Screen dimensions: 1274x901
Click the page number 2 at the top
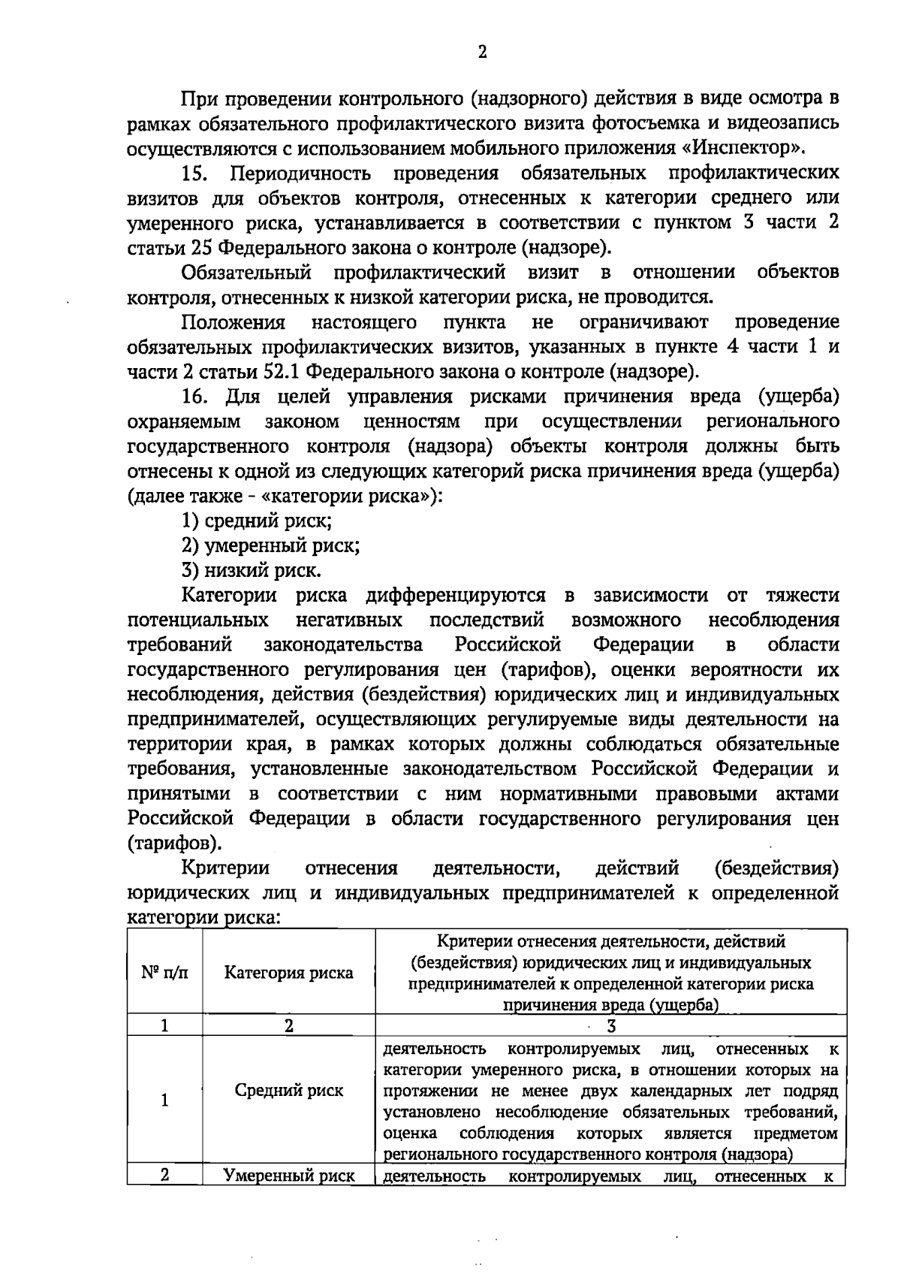pos(482,52)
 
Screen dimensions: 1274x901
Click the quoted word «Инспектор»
pos(763,147)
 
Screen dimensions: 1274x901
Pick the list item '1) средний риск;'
pos(257,521)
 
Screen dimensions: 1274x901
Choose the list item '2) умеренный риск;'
pos(270,545)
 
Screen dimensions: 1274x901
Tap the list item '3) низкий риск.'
pos(252,570)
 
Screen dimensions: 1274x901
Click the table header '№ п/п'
pos(164,973)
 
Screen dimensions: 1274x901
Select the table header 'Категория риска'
pos(288,973)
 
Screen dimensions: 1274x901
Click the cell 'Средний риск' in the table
pos(288,1091)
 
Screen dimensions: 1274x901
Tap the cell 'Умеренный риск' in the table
pos(288,1176)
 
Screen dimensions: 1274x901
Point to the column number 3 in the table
pos(610,1026)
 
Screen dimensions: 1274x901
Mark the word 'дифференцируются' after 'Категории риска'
pos(455,596)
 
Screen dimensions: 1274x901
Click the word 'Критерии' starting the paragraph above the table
pos(225,868)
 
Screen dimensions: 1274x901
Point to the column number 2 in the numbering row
pos(288,1026)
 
